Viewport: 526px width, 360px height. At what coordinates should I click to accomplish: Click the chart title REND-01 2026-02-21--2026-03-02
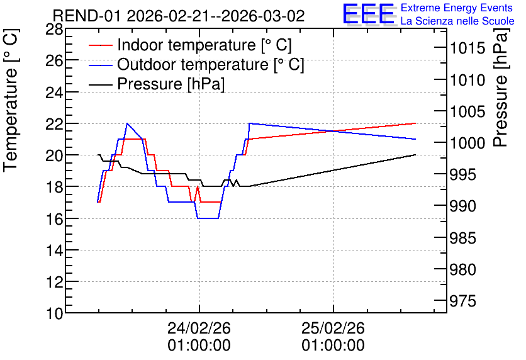[179, 16]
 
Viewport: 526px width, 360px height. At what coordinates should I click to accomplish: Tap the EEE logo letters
[369, 14]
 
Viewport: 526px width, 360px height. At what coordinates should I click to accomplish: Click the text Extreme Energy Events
[457, 8]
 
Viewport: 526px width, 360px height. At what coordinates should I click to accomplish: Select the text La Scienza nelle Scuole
[457, 21]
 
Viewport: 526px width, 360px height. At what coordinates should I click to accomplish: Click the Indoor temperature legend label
[204, 45]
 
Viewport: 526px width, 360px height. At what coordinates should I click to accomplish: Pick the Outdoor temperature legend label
[211, 64]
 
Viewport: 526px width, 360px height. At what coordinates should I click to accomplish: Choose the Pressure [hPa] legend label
[171, 84]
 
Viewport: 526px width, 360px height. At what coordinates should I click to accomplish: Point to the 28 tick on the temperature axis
[54, 30]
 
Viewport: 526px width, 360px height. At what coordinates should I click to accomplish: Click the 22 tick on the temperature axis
[54, 124]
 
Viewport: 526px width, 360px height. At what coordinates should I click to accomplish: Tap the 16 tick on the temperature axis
[54, 220]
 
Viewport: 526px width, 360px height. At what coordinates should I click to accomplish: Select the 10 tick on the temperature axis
[54, 314]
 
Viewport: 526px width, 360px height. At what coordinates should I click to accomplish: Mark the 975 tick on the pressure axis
[462, 301]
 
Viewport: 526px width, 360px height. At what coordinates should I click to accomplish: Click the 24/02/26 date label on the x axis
[199, 328]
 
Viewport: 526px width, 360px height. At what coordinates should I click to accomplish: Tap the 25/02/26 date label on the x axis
[333, 328]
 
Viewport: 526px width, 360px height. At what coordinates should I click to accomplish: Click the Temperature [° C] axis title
[11, 101]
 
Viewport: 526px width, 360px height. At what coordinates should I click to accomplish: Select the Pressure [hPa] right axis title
[501, 87]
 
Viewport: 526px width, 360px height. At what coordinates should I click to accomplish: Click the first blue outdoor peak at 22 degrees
[127, 123]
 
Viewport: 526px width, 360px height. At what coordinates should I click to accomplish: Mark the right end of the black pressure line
[415, 155]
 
